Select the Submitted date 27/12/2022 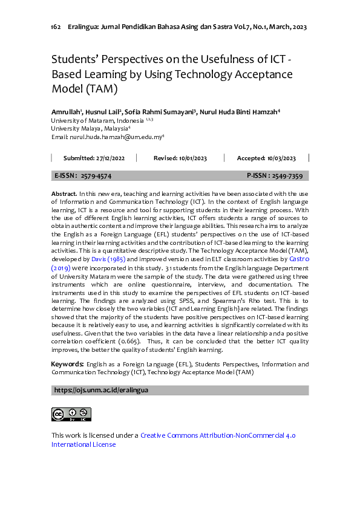(110, 158)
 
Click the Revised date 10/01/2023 (192, 158)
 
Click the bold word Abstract (64, 192)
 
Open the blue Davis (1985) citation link (110, 258)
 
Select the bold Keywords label (67, 365)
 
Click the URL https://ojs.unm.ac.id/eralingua (101, 391)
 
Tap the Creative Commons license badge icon (71, 414)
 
